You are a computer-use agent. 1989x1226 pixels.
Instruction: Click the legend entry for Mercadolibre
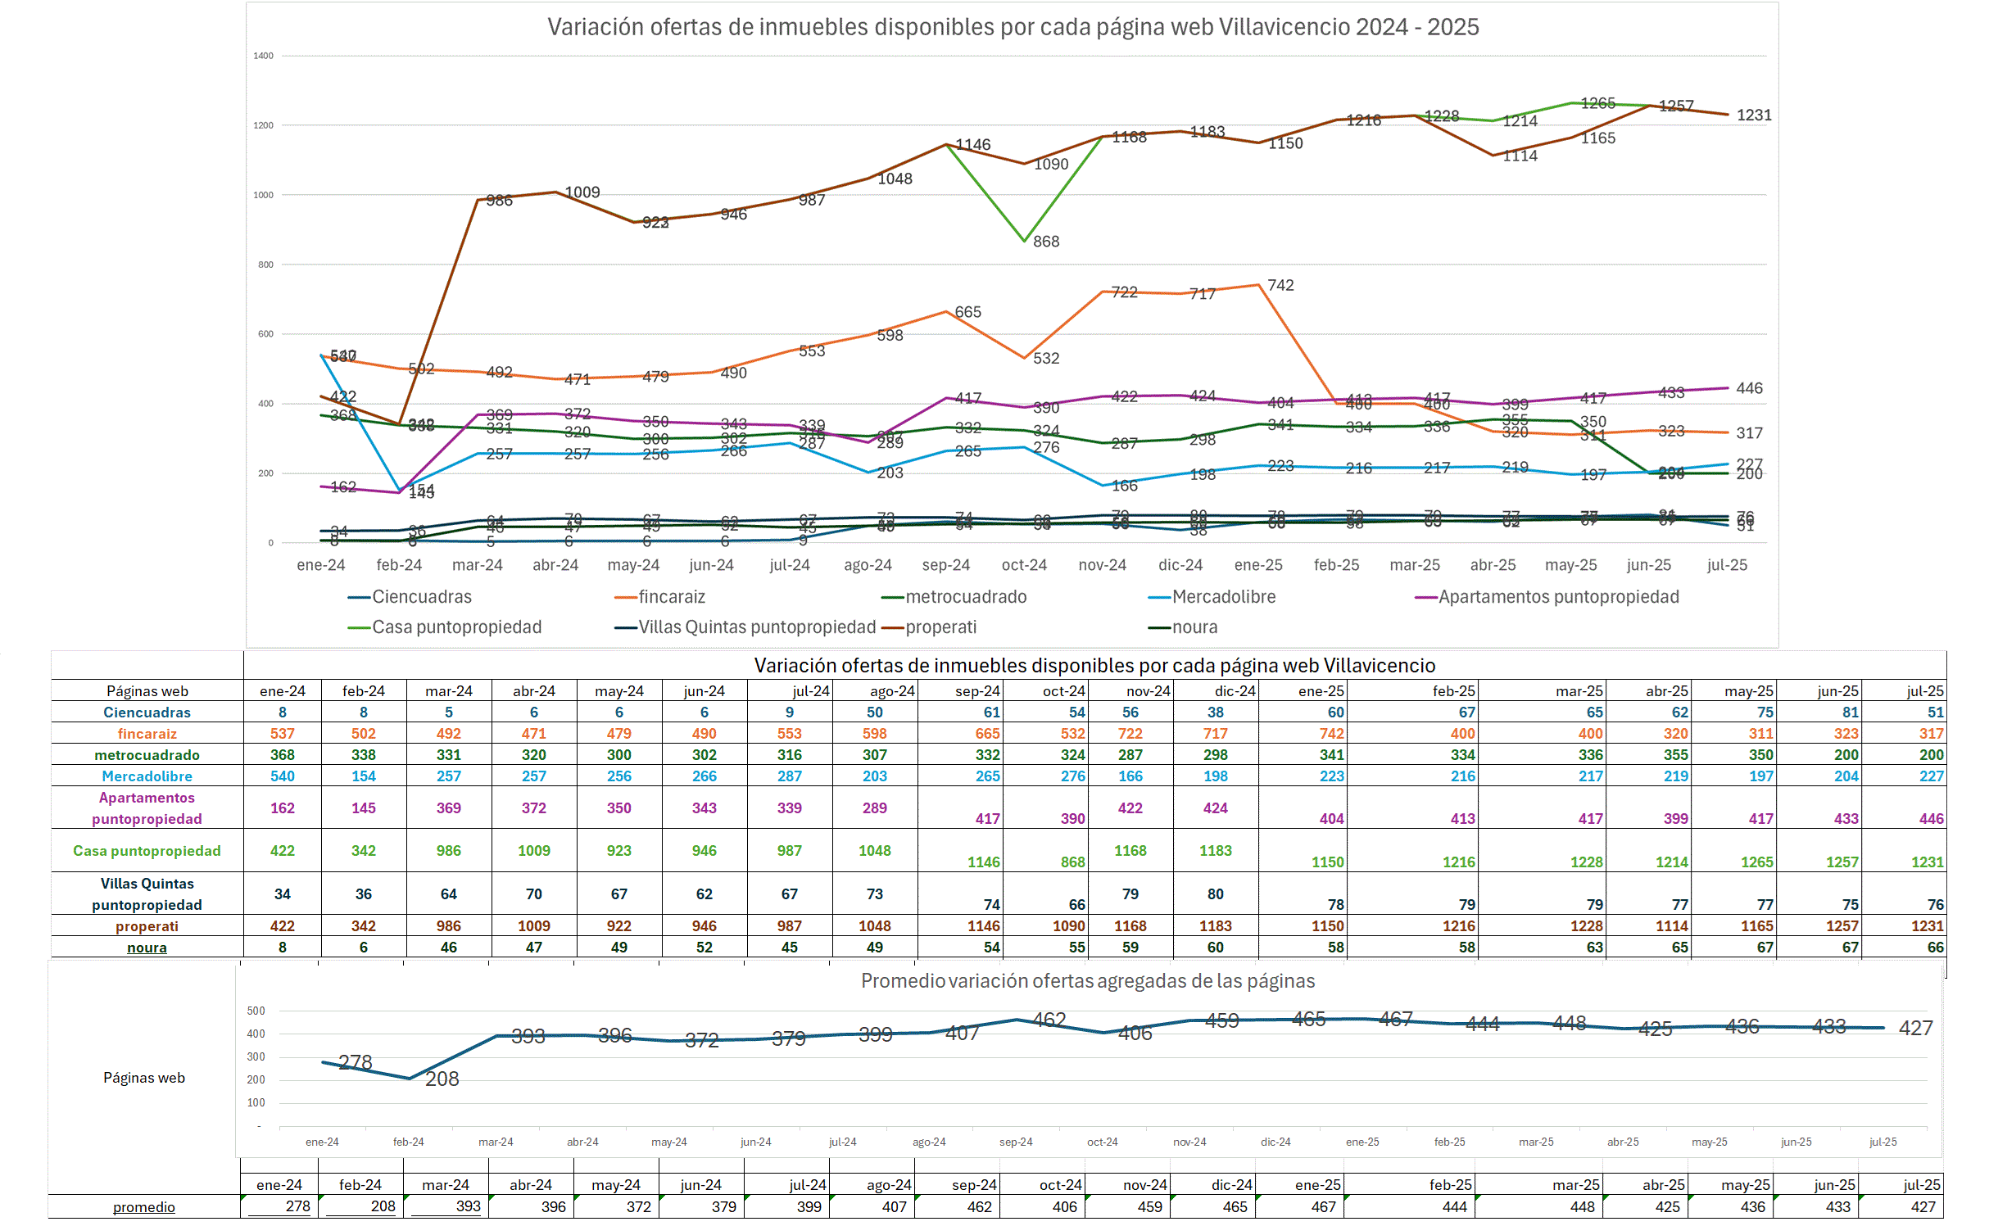coord(1223,597)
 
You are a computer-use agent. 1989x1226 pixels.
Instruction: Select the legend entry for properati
coord(940,627)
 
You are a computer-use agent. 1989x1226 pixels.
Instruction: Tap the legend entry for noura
coord(1194,627)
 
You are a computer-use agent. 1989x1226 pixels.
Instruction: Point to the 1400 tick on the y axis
coord(263,56)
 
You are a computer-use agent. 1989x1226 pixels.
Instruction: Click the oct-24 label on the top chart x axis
coord(1024,565)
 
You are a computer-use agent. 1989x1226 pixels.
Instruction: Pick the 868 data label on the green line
coord(1046,242)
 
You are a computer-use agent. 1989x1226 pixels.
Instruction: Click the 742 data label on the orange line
coord(1280,285)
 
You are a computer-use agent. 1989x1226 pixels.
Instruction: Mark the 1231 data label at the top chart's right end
coord(1754,115)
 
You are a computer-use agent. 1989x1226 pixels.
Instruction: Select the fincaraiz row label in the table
coord(147,734)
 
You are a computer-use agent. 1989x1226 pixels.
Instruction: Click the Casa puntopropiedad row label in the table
coord(147,851)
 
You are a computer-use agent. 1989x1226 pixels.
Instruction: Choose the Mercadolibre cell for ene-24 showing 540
coord(282,776)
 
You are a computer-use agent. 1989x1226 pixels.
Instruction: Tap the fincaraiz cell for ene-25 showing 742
coord(1331,734)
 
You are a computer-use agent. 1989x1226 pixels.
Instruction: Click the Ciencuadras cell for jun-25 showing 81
coord(1850,713)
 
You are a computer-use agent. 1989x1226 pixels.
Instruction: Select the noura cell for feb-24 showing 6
coord(363,948)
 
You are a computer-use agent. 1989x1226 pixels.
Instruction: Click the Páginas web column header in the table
coord(147,691)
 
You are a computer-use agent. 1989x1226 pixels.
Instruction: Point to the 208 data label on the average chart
coord(442,1079)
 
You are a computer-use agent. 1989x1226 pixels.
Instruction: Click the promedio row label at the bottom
coord(143,1207)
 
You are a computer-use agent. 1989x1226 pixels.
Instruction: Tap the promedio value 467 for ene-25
coord(1323,1207)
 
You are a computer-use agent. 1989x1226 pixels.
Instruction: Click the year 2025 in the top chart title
coord(1453,27)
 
